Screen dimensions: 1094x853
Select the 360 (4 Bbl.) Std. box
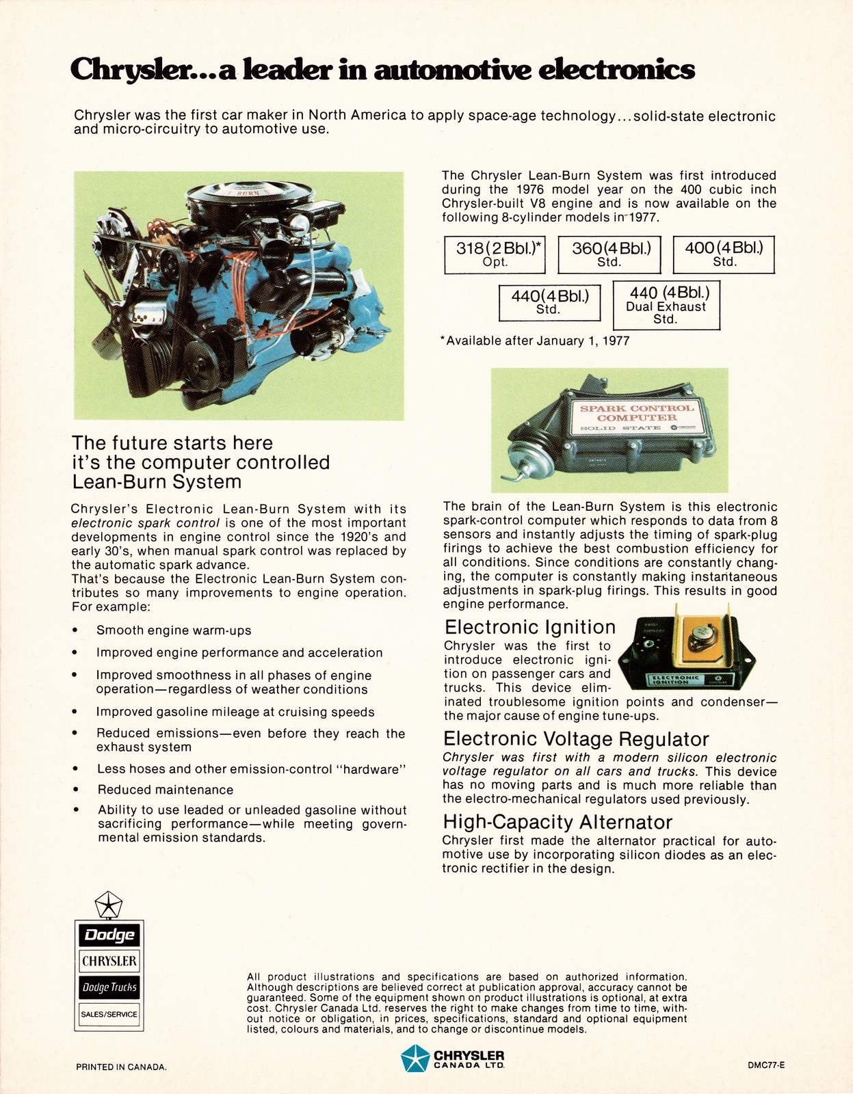(609, 254)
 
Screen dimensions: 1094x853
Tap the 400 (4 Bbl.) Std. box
(724, 254)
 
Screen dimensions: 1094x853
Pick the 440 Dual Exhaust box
(666, 305)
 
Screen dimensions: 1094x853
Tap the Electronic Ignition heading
(530, 627)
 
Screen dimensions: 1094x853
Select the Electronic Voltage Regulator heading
(576, 738)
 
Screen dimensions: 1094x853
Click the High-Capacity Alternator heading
(557, 822)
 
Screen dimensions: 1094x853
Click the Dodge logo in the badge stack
(109, 935)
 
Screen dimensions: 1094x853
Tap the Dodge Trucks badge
(109, 987)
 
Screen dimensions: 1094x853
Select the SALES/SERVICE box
(109, 1014)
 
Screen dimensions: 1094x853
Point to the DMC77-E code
(765, 1065)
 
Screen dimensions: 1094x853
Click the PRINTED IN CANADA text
(121, 1067)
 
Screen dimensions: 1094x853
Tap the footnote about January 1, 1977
(535, 341)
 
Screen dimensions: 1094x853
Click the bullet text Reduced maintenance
(166, 790)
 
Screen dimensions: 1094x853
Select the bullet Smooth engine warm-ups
(174, 630)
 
